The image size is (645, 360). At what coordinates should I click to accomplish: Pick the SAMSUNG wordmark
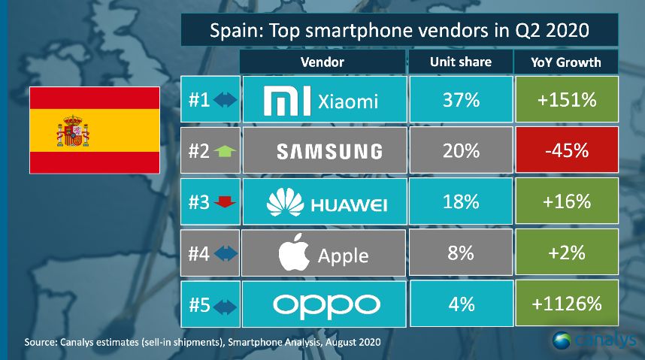pyautogui.click(x=323, y=152)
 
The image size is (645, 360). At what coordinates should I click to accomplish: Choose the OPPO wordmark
pyautogui.click(x=323, y=304)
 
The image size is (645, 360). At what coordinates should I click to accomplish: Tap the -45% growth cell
pyautogui.click(x=566, y=151)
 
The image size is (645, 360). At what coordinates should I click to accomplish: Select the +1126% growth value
pyautogui.click(x=566, y=304)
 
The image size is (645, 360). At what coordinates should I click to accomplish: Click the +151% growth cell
pyautogui.click(x=566, y=101)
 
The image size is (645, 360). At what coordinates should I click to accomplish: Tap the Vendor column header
pyautogui.click(x=322, y=62)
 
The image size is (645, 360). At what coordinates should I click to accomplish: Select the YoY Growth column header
pyautogui.click(x=566, y=62)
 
